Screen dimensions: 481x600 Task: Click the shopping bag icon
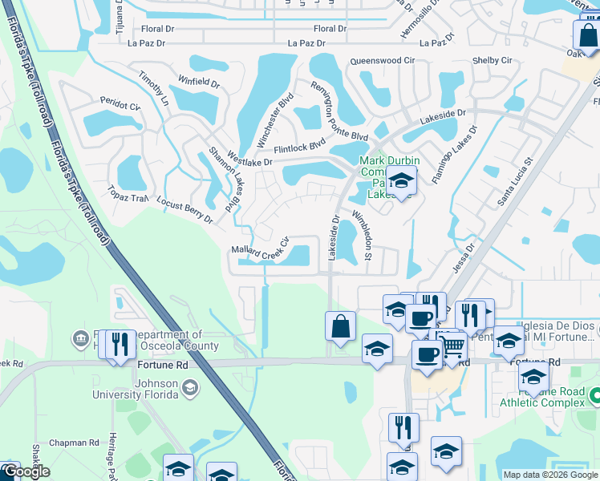pos(340,327)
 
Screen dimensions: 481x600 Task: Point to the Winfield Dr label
pos(199,82)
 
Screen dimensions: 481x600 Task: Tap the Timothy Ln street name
pos(153,90)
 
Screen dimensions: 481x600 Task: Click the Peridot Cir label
pos(120,104)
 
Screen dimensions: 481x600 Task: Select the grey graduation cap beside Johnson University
pos(189,389)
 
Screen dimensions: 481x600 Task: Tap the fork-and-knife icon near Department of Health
pos(120,344)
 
